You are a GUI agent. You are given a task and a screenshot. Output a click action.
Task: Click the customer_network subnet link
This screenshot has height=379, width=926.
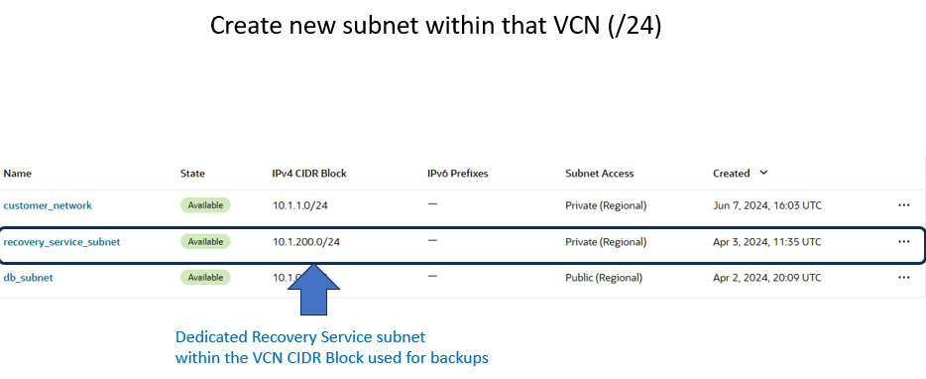point(48,205)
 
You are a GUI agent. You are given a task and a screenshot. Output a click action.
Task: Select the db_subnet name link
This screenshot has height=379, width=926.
point(28,278)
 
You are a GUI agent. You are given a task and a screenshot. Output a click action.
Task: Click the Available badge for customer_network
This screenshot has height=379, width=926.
point(205,205)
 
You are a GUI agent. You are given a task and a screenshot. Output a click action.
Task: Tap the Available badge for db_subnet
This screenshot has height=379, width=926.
point(205,278)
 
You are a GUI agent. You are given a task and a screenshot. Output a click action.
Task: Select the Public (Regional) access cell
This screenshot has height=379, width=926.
point(604,278)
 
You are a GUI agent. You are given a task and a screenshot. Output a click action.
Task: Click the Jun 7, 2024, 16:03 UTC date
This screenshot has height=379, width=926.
point(766,205)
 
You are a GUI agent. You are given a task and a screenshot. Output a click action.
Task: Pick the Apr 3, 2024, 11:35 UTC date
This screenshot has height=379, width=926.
point(766,241)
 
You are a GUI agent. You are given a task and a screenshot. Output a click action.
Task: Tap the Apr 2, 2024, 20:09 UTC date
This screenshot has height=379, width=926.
point(766,278)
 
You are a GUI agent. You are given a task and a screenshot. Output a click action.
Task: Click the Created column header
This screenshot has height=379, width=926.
point(732,174)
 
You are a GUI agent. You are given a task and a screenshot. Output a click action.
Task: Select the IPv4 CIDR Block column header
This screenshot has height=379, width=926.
point(309,174)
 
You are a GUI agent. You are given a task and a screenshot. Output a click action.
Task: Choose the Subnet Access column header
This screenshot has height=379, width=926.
point(599,174)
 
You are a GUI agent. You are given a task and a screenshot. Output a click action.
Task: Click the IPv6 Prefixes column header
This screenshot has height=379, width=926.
point(457,174)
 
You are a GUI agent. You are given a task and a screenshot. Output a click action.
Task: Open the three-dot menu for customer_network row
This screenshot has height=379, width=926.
point(903,205)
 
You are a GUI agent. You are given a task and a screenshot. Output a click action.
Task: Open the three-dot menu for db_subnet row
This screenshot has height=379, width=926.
point(903,278)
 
